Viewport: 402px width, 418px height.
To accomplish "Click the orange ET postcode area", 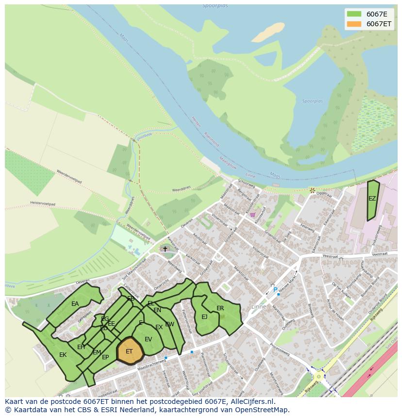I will (x=130, y=351).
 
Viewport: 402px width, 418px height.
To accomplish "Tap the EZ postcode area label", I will (x=372, y=199).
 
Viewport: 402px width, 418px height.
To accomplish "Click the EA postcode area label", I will (x=75, y=304).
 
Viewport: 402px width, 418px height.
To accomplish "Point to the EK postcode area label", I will (x=63, y=355).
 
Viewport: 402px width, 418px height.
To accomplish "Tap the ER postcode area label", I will (x=220, y=308).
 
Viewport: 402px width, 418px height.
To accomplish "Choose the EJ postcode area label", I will (x=204, y=317).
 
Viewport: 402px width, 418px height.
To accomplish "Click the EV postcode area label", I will (x=148, y=339).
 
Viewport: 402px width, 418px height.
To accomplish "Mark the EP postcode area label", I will (x=105, y=357).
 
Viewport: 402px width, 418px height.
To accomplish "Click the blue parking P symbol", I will (x=275, y=290).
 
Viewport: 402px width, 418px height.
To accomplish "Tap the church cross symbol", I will (x=165, y=249).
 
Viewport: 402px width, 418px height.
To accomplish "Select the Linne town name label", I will (x=259, y=306).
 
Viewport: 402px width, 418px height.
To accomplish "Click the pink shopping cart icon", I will (x=252, y=214).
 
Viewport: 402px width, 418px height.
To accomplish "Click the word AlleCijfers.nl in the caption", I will (x=251, y=401).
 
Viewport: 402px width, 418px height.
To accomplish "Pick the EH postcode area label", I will (x=81, y=347).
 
